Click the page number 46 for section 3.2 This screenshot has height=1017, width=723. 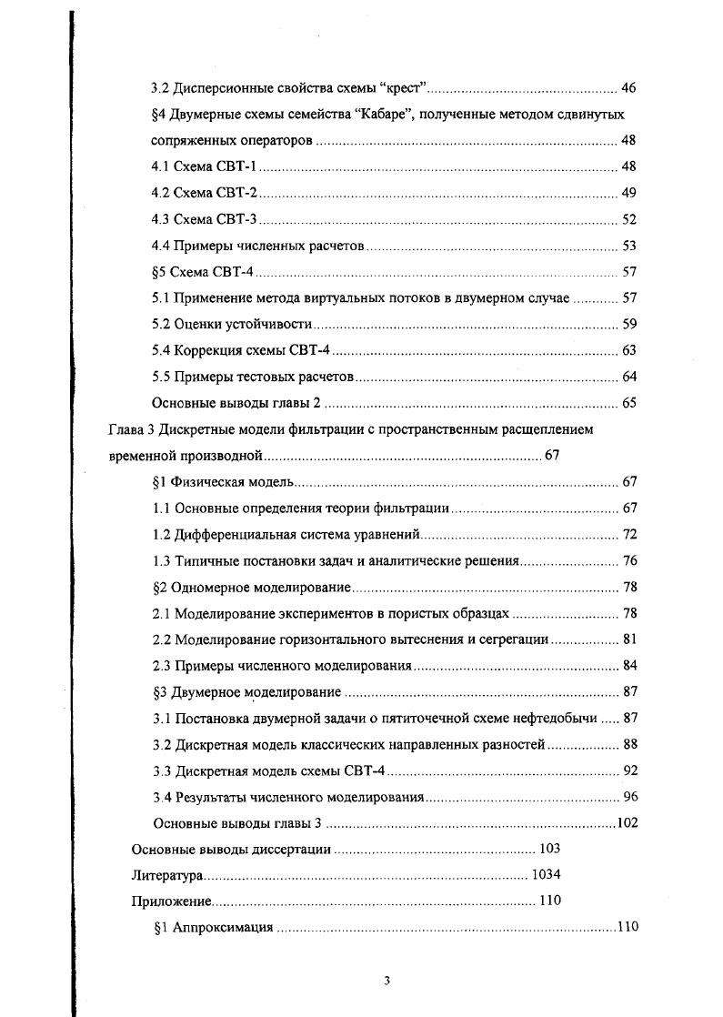coord(628,88)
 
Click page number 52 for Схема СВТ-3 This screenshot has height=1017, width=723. coord(628,219)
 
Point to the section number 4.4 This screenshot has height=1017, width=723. coord(161,246)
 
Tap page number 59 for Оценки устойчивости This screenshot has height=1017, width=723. coord(628,324)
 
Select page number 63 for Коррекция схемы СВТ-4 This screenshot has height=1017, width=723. coord(628,350)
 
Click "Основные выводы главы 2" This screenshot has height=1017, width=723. coord(236,403)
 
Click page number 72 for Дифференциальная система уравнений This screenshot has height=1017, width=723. coord(628,534)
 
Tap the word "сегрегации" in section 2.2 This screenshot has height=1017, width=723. coord(514,639)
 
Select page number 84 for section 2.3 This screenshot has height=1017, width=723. coord(628,666)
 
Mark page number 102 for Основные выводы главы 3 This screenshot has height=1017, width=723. coord(627,824)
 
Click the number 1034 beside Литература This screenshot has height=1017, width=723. coord(546,876)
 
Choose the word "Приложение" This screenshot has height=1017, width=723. coord(172,902)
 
